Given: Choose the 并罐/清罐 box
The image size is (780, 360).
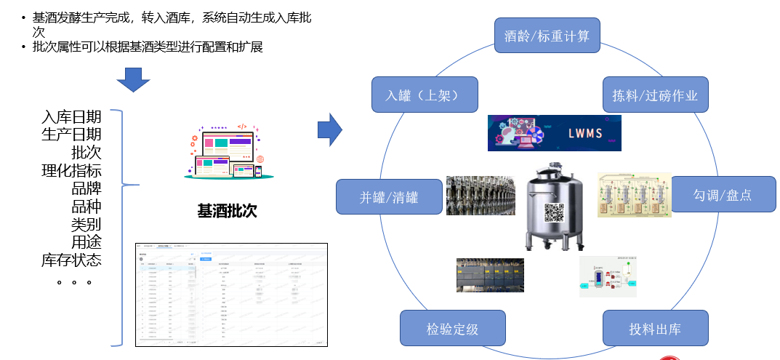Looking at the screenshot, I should [389, 197].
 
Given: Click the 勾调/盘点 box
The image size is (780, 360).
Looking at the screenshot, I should [722, 195].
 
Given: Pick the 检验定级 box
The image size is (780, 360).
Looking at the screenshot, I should [452, 328].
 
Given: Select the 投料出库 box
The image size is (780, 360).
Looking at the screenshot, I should [654, 328].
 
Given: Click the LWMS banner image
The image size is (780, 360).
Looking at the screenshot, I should [554, 133].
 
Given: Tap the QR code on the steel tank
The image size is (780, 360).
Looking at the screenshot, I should [554, 213].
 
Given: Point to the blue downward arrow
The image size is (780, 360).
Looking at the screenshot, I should [133, 79].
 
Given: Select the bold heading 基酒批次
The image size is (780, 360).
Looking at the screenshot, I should [227, 212].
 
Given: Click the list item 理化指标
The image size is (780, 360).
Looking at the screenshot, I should [71, 172].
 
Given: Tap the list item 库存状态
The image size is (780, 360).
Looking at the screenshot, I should [71, 260].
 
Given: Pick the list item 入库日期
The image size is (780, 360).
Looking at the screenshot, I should [71, 118].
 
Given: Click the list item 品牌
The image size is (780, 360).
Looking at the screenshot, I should [86, 189].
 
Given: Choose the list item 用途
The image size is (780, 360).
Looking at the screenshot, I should [86, 242].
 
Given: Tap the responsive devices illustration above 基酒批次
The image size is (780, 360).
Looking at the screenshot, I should [228, 152].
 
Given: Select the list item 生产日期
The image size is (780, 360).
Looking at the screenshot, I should [71, 135].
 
